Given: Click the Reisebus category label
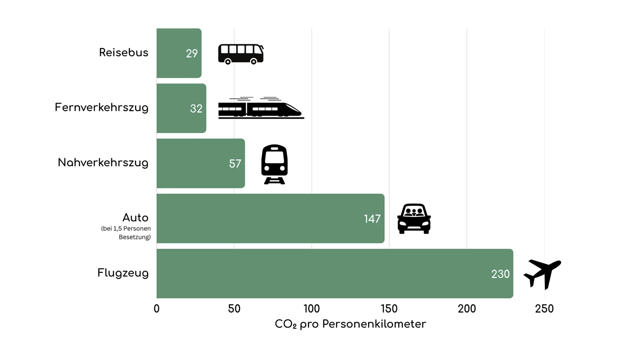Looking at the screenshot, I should [124, 52].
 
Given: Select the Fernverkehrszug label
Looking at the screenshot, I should [101, 108].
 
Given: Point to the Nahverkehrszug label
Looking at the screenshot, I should [103, 163].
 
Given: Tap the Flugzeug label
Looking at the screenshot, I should [123, 272].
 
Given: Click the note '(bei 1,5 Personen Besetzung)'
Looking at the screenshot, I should [126, 233].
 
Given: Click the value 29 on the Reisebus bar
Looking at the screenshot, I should [192, 54].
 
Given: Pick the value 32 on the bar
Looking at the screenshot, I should [196, 109].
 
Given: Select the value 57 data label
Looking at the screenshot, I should [235, 164].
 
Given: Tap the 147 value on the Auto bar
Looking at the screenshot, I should [372, 219].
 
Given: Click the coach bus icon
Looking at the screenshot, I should [241, 54].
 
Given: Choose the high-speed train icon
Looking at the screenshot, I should [261, 108].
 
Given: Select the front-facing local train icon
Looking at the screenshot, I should [274, 164].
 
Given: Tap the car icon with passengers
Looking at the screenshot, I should [414, 219].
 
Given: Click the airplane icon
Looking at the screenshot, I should [542, 273].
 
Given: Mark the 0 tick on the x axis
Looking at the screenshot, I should [156, 309].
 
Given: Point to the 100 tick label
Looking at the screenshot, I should [312, 309].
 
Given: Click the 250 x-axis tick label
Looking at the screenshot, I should [544, 309].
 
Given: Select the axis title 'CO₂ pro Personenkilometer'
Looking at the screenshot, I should [350, 324].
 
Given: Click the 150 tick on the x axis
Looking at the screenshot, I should [389, 309].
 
